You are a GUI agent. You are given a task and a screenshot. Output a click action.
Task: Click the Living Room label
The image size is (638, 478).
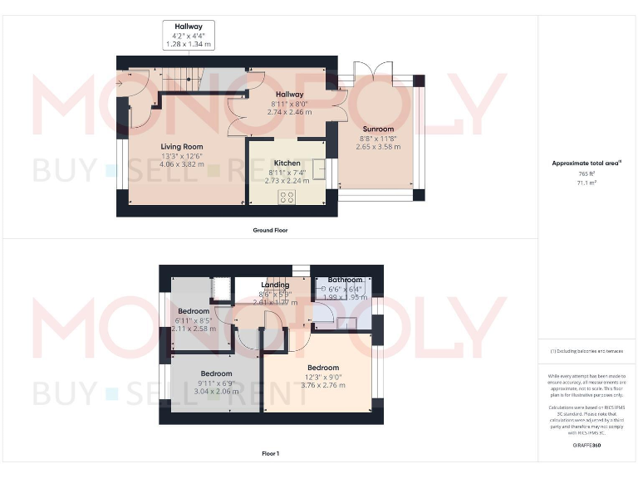point(182,146)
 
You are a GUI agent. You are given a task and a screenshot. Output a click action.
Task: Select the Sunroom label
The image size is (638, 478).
point(377,129)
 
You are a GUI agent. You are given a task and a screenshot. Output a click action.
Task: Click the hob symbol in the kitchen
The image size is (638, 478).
point(287,197)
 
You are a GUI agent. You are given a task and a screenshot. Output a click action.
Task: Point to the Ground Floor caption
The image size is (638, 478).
point(270,230)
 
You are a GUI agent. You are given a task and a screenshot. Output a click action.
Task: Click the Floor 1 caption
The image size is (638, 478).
point(270,454)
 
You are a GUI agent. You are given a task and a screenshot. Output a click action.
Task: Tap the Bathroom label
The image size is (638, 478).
point(345,280)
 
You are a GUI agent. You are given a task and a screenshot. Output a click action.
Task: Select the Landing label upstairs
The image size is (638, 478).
point(275,285)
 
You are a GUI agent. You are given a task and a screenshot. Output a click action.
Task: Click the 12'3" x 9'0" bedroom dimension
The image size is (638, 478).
point(323,377)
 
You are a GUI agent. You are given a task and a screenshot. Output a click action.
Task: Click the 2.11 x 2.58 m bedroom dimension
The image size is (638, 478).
point(194,329)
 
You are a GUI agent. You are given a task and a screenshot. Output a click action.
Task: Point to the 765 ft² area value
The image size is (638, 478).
point(587,173)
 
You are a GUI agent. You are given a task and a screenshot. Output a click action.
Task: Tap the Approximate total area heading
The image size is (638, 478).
point(586,163)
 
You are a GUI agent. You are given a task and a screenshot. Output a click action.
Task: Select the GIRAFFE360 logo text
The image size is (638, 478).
point(586,446)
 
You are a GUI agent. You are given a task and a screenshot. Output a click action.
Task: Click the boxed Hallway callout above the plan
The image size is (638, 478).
point(189,35)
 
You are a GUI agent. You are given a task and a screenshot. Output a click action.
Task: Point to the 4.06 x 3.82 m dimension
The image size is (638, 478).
point(182,164)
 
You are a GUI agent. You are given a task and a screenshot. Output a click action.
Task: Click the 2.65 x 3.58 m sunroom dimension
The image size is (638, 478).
point(378,147)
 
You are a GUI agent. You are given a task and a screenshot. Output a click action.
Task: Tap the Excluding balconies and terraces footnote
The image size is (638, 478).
point(586,352)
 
